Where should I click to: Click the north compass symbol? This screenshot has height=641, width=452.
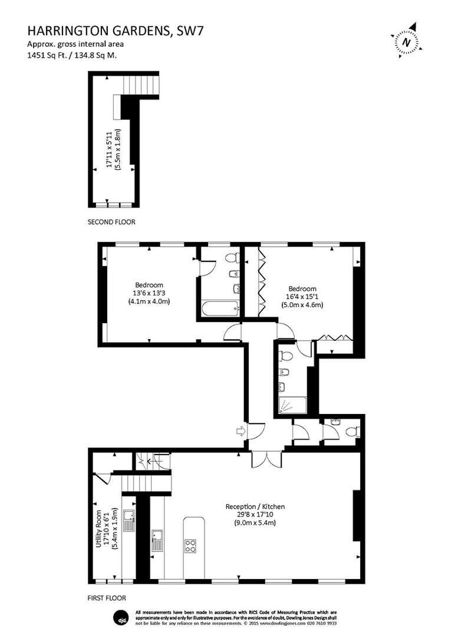[x=407, y=41]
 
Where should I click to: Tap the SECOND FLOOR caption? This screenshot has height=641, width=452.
[x=111, y=222]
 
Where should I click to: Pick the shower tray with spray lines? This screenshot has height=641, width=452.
[x=292, y=405]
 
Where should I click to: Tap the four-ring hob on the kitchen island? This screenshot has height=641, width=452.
[x=191, y=545]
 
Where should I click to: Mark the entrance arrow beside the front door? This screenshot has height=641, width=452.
[x=240, y=432]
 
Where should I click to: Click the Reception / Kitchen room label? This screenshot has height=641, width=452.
[x=255, y=507]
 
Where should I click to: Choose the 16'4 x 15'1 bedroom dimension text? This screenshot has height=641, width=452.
[x=302, y=297]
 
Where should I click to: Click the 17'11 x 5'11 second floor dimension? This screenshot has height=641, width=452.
[x=110, y=150]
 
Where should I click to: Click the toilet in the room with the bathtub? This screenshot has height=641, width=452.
[x=233, y=258]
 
